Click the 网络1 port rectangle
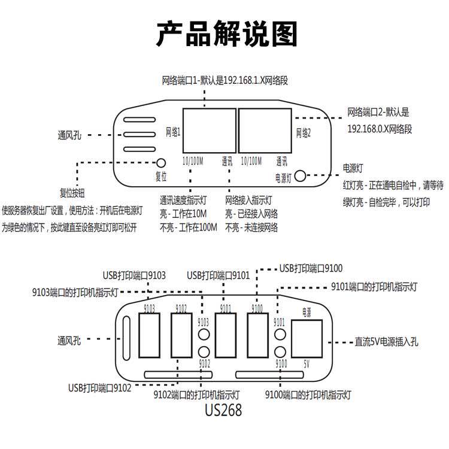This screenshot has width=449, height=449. pyautogui.click(x=208, y=129)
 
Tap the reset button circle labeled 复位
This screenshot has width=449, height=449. pyautogui.click(x=161, y=163)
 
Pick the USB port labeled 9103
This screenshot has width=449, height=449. pyautogui.click(x=149, y=336)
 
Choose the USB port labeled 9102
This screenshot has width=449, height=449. pyautogui.click(x=181, y=336)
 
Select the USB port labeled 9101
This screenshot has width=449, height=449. pyautogui.click(x=225, y=336)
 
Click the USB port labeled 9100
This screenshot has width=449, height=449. pyautogui.click(x=257, y=336)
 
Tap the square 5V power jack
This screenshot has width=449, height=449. pyautogui.click(x=307, y=338)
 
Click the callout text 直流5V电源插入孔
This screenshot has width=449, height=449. pyautogui.click(x=386, y=342)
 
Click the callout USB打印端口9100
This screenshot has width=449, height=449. pyautogui.click(x=311, y=268)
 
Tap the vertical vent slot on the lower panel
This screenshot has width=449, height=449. pyautogui.click(x=126, y=338)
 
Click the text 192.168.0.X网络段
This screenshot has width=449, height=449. pyautogui.click(x=380, y=129)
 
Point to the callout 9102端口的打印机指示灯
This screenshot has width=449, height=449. pyautogui.click(x=198, y=395)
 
